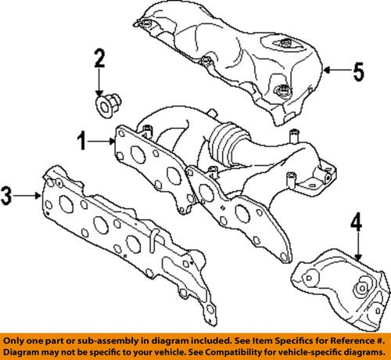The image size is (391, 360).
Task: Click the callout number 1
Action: click(81, 142)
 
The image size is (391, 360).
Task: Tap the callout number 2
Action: click(99, 57)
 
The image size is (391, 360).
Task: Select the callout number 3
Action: click(8, 195)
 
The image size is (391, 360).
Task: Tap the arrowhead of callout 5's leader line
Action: click(325, 73)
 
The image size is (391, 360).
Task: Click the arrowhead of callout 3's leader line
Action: click(42, 196)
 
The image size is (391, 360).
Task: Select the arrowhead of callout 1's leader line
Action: click(116, 142)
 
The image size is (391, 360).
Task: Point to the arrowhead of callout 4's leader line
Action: click(358, 259)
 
